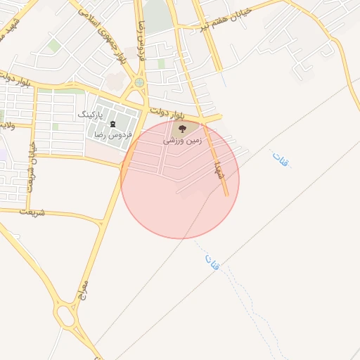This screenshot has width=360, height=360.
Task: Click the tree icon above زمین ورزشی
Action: [183, 129]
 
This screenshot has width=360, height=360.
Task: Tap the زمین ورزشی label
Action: [183, 141]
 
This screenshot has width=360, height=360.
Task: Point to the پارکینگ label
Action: [89, 114]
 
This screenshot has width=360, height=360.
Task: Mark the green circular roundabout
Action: [139, 82]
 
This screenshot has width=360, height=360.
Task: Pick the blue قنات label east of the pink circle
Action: [281, 159]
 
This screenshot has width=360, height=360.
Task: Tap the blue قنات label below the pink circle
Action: [212, 263]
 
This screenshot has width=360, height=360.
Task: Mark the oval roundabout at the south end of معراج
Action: [67, 316]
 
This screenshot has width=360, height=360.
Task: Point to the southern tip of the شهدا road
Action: [226, 194]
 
